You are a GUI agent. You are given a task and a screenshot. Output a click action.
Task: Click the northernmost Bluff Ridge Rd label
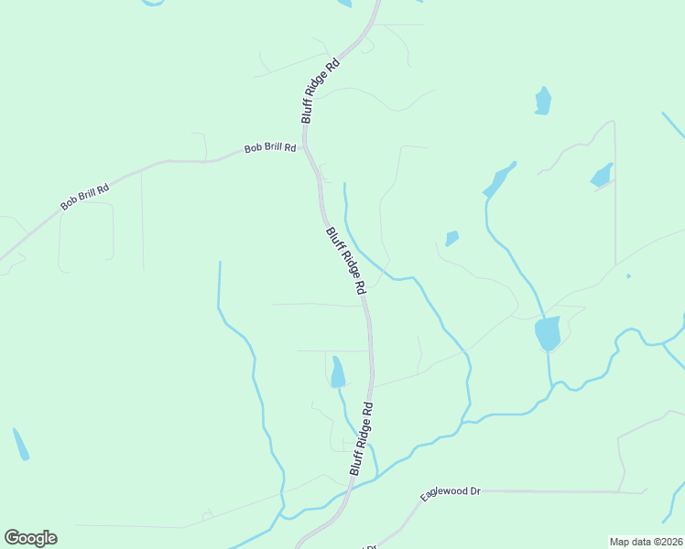pyautogui.click(x=321, y=91)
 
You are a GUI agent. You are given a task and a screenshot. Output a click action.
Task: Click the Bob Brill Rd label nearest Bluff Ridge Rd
pyautogui.click(x=271, y=148)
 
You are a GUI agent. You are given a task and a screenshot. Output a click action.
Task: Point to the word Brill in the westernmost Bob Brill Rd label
pyautogui.click(x=85, y=197)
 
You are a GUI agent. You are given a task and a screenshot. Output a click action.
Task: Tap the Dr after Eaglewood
pyautogui.click(x=474, y=491)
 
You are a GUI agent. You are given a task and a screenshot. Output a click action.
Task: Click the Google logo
pyautogui.click(x=30, y=538)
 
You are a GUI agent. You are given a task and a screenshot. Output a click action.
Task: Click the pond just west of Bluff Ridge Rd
pyautogui.click(x=338, y=371)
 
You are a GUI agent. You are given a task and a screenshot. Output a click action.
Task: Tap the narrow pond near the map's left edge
pyautogui.click(x=20, y=444)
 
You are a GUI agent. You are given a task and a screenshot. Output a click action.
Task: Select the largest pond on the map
pyautogui.click(x=548, y=333)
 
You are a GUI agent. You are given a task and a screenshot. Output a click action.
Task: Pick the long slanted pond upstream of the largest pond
pyautogui.click(x=499, y=180)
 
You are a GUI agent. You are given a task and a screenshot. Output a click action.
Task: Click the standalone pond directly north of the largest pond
pyautogui.click(x=543, y=101)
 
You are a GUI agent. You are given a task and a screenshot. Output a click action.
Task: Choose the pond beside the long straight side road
pyautogui.click(x=602, y=175)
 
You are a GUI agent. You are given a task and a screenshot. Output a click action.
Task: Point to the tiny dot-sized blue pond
pyautogui.click(x=628, y=275)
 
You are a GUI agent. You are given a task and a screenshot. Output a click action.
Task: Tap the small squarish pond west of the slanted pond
pyautogui.click(x=451, y=239)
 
